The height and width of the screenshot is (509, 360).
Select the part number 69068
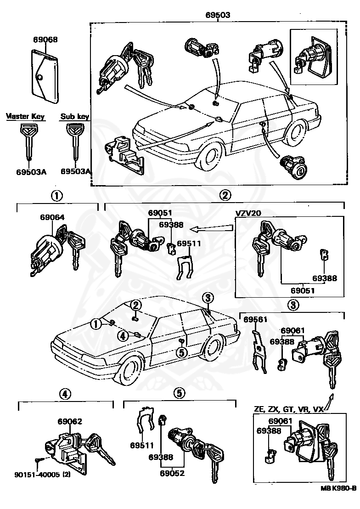[45, 40]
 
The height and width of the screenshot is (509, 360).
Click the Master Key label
[25, 117]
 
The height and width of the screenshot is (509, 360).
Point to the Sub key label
[74, 117]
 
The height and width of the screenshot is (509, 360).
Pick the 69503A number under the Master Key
[30, 172]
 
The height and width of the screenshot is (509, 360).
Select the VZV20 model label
[249, 213]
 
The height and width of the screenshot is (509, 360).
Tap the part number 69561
[255, 319]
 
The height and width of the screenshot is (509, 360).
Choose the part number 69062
[70, 421]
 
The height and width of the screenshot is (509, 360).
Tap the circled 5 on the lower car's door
[181, 352]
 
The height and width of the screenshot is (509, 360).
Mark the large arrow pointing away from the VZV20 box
[212, 227]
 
